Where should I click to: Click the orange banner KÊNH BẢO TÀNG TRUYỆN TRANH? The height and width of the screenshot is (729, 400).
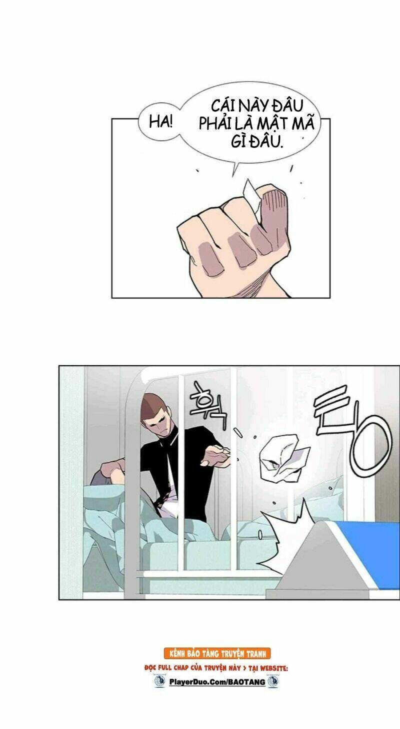(217, 653)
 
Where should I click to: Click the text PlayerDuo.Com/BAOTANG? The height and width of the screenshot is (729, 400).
(217, 681)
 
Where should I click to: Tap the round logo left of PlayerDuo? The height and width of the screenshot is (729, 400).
(159, 681)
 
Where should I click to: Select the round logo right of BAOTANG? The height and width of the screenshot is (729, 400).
(274, 681)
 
